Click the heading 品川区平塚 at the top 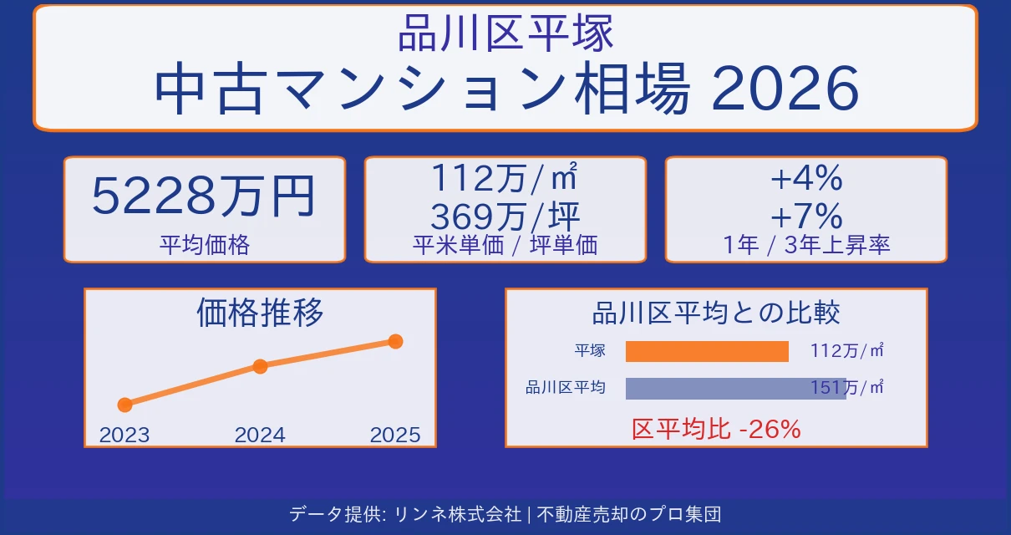[x=505, y=34]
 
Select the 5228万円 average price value [x=203, y=196]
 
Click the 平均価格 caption [x=205, y=245]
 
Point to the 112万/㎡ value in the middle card [x=505, y=178]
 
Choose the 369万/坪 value [x=505, y=217]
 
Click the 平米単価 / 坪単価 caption [x=505, y=245]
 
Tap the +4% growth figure [x=806, y=178]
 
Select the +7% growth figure [x=806, y=217]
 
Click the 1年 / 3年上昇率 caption [x=806, y=245]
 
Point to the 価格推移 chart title [x=260, y=313]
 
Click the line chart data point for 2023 [x=125, y=405]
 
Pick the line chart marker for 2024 [x=260, y=366]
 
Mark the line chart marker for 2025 [x=396, y=341]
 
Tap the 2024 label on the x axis [x=260, y=435]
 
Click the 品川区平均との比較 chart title [x=716, y=313]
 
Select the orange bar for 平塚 [x=707, y=352]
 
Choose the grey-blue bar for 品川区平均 [x=735, y=388]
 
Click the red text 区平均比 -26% [x=716, y=430]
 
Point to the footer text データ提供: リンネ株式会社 [x=405, y=513]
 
